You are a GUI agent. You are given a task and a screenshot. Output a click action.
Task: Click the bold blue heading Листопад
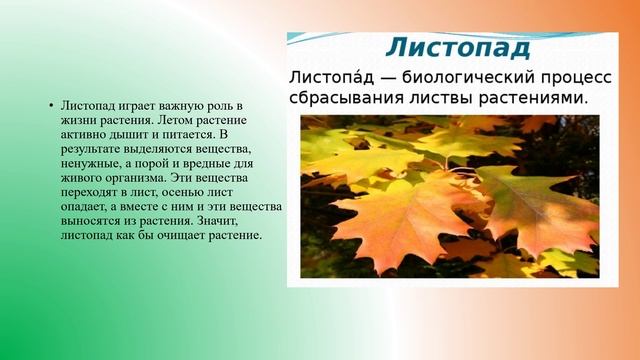pos(458,47)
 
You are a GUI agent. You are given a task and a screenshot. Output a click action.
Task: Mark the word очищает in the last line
pos(182,235)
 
